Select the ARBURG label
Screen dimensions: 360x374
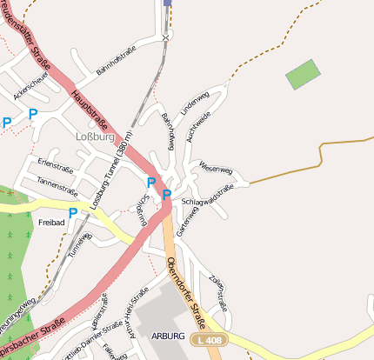pos(167,336)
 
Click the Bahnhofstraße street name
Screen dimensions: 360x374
pos(118,68)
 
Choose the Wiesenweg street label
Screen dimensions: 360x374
pos(216,167)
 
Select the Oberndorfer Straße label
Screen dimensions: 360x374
pos(184,286)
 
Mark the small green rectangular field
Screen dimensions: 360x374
pos(303,74)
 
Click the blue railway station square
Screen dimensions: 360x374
pos(167,3)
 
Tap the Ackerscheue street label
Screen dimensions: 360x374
pos(30,85)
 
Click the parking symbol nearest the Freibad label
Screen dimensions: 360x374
pos(73,212)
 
